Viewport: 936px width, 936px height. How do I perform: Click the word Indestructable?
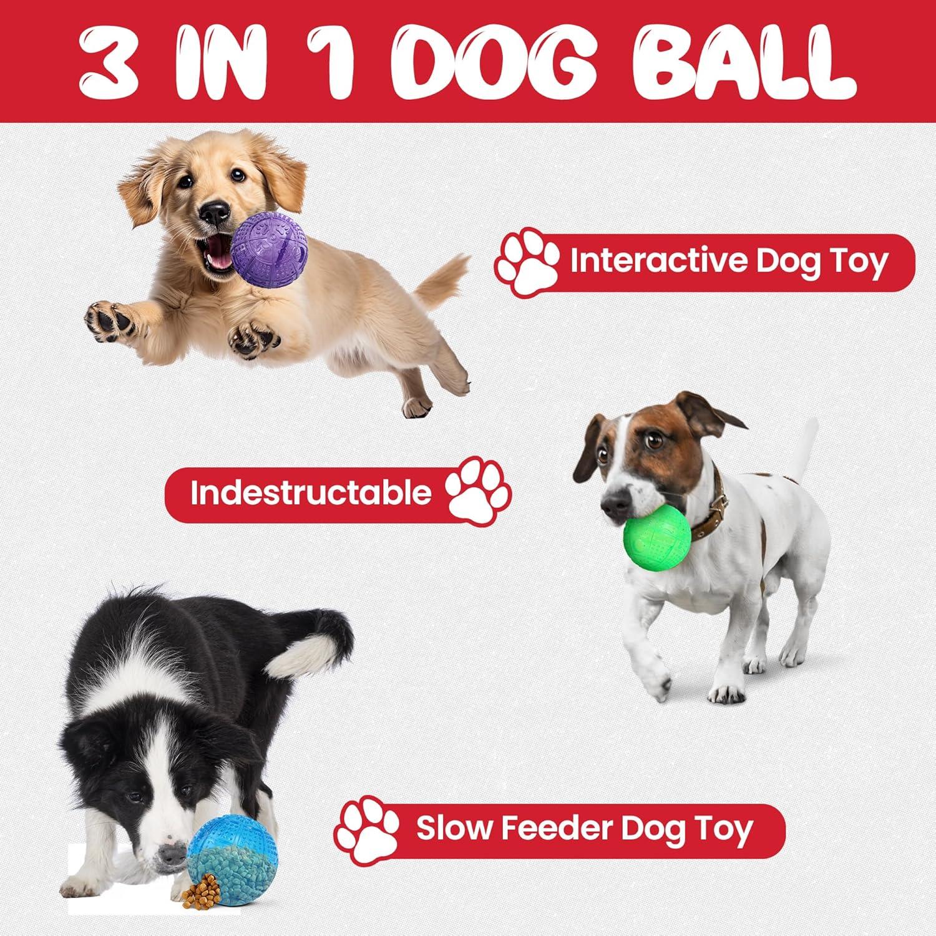(x=311, y=493)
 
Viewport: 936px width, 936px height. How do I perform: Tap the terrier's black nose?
(x=615, y=501)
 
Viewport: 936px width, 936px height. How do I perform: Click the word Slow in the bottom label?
(x=447, y=829)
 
